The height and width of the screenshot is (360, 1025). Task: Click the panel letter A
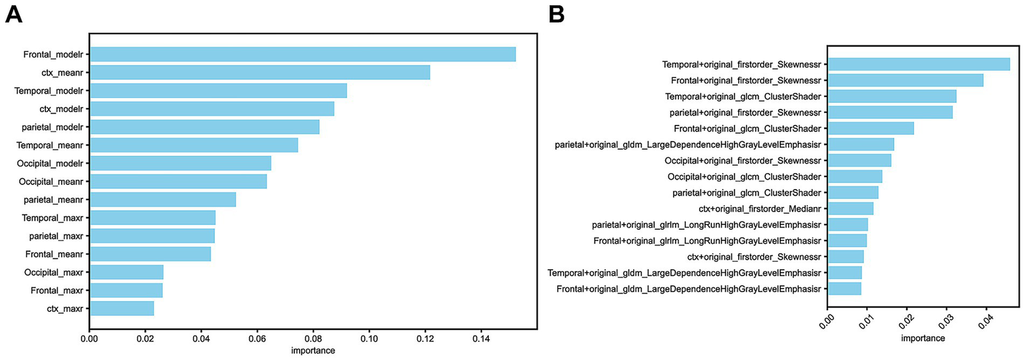pyautogui.click(x=14, y=13)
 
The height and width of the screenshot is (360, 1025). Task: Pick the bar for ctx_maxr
pyautogui.click(x=122, y=308)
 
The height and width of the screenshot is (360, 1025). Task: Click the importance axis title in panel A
pyautogui.click(x=313, y=351)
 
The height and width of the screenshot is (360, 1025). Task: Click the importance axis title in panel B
pyautogui.click(x=923, y=338)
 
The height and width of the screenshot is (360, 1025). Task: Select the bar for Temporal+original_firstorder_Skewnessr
pyautogui.click(x=919, y=64)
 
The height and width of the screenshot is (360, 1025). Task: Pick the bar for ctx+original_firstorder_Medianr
pyautogui.click(x=851, y=208)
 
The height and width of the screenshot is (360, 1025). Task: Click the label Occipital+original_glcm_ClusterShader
pyautogui.click(x=744, y=176)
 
